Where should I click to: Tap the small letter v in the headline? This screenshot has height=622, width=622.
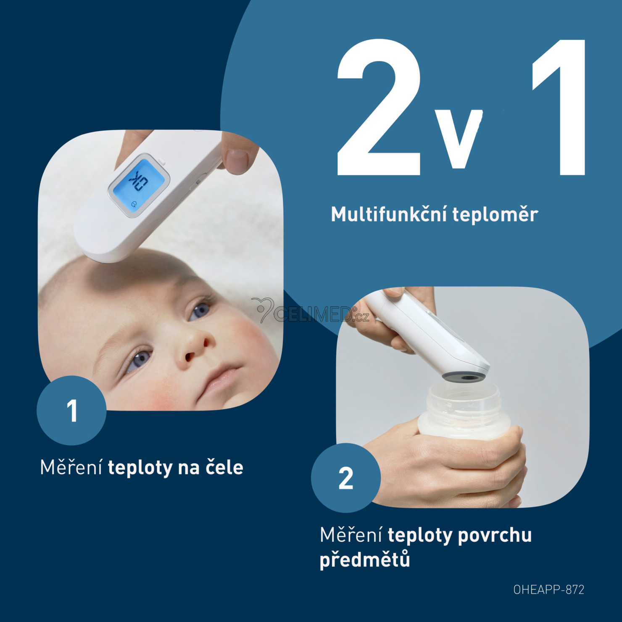[459, 139]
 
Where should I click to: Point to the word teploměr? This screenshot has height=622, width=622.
[495, 215]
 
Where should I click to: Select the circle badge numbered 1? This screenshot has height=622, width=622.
[71, 410]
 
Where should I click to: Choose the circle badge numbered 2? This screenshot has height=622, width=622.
[346, 478]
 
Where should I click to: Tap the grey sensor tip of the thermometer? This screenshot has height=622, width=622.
[464, 377]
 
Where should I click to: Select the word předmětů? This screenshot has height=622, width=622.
[365, 559]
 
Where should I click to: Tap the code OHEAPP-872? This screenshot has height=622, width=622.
[549, 590]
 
